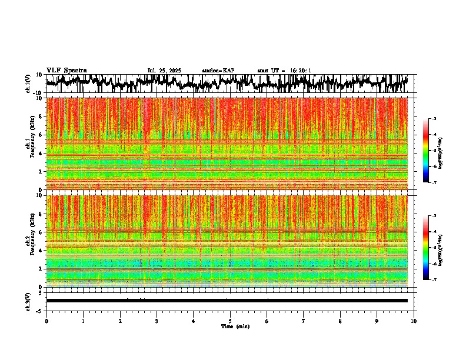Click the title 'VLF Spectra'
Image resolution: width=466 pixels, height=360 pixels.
tap(66, 70)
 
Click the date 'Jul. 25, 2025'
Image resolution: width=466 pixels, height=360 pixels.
tap(164, 71)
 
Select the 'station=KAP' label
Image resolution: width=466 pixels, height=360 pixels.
tap(218, 71)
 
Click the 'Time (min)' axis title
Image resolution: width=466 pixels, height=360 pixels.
tap(235, 326)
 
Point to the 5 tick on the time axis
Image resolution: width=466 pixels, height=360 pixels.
tap(230, 321)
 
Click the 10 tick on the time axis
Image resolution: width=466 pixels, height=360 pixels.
tap(414, 321)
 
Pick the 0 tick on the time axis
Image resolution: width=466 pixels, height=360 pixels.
tap(46, 321)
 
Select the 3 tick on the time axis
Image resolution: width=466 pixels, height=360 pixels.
tap(157, 321)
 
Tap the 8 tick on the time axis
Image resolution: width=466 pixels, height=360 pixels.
tap(340, 321)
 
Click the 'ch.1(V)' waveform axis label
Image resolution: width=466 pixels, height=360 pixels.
tap(28, 84)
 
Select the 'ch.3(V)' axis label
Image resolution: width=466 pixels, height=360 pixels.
tap(28, 301)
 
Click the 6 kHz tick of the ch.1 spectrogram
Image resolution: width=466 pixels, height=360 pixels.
tap(40, 135)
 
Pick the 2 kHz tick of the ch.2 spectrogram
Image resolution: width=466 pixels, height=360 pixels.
tap(40, 269)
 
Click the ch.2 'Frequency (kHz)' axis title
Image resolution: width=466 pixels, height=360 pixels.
tap(32, 241)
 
